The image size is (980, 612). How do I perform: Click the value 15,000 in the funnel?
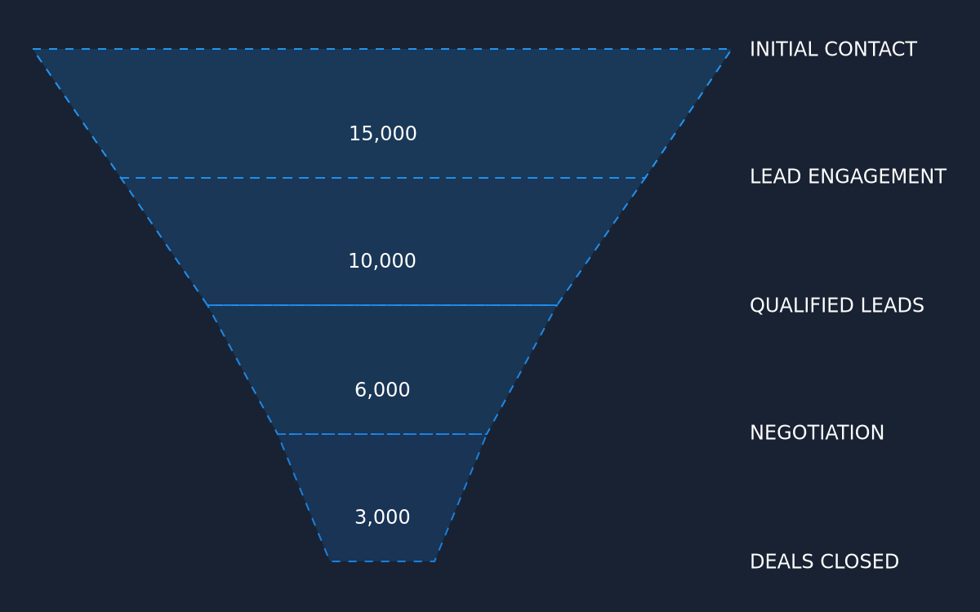383,134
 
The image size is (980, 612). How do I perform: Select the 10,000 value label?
382,261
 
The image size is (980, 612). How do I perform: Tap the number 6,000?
382,390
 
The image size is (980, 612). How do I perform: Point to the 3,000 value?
382,517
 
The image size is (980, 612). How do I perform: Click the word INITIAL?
784,49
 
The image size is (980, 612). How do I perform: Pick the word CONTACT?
871,49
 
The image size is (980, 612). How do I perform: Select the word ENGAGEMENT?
877,176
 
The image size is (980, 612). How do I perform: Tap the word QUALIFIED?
802,305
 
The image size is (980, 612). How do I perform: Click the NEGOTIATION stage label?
817,432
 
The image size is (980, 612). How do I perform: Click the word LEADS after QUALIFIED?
892,305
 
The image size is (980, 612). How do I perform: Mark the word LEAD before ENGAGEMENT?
776,176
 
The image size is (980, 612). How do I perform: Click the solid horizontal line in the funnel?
382,305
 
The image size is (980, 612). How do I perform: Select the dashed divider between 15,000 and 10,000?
382,178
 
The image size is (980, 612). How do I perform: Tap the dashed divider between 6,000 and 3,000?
382,434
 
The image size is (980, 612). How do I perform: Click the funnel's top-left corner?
33,49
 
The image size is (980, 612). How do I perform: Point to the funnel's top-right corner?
730,50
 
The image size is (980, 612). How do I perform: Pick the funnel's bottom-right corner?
434,561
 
